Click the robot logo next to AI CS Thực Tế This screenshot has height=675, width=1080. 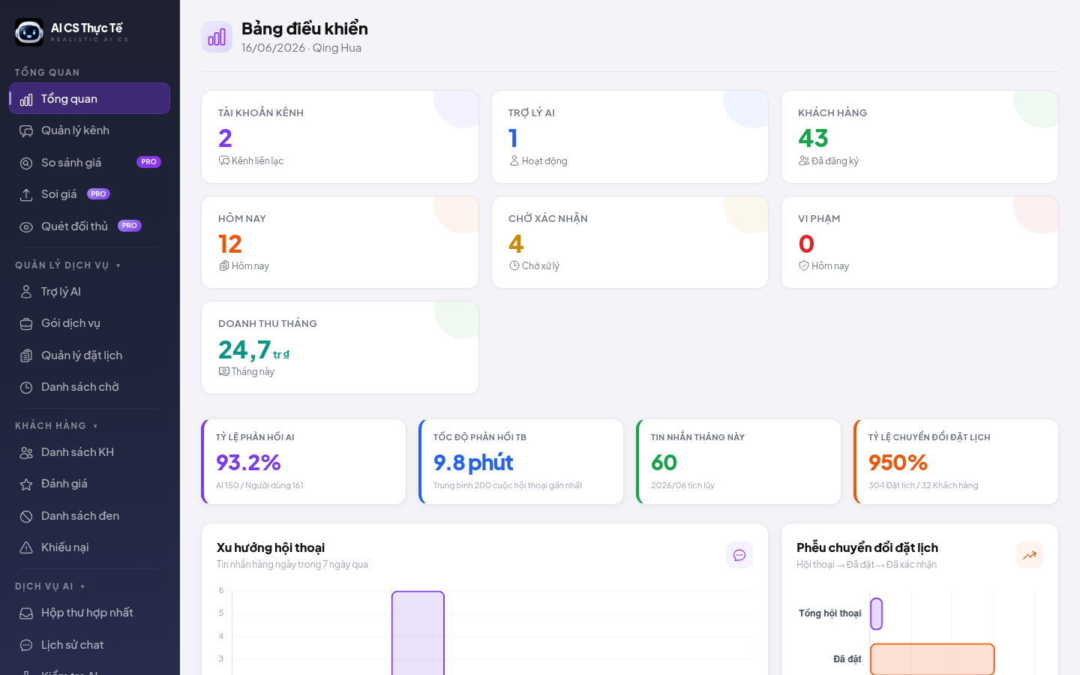point(29,32)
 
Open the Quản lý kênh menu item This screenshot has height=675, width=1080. point(75,130)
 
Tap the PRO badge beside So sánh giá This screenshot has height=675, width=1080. point(148,162)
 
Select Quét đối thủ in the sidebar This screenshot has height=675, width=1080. point(74,226)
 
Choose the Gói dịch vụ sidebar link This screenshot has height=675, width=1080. point(70,323)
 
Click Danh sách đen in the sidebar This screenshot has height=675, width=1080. point(80,516)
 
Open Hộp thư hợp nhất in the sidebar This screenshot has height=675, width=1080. point(87,613)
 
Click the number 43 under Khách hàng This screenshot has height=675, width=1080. point(813,138)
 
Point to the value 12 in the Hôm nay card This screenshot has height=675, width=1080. point(229,244)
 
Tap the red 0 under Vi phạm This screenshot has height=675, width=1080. point(806,244)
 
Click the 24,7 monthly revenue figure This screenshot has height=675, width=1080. point(244,349)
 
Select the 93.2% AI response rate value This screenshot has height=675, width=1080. point(248,462)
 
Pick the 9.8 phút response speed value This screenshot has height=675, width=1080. point(473,462)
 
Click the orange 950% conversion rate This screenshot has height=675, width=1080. point(898,462)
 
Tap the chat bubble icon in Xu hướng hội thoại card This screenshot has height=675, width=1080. point(739,556)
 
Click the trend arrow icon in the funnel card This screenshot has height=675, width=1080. point(1029,556)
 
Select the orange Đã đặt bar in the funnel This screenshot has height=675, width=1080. point(932,659)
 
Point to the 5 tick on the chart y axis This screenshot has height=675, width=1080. point(221,613)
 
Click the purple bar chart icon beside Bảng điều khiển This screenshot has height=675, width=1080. point(217,37)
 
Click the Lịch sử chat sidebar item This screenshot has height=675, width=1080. point(72,645)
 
